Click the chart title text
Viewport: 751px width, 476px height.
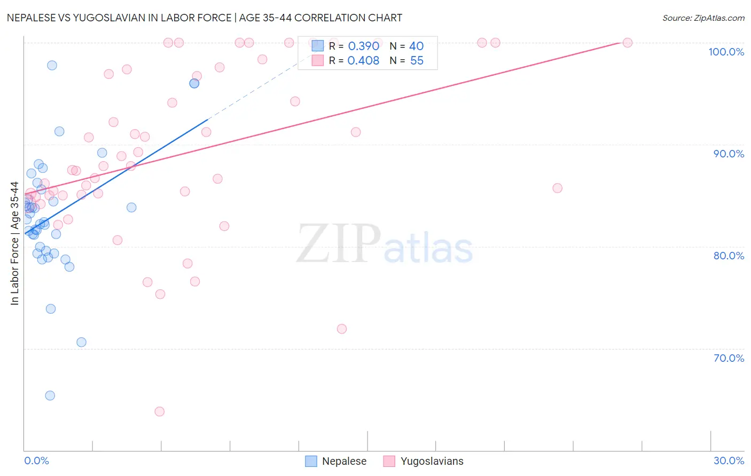point(205,18)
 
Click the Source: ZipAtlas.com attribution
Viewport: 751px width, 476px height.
point(703,18)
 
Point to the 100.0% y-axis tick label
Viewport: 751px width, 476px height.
point(726,52)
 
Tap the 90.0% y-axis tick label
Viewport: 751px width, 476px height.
point(729,154)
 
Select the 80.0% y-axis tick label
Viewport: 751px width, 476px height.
point(729,256)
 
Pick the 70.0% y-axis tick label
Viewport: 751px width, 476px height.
point(729,358)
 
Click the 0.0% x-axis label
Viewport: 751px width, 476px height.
point(36,461)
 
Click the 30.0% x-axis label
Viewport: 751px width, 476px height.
point(729,461)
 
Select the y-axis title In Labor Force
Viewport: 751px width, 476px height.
point(14,243)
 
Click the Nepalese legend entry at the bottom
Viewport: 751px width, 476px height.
point(336,461)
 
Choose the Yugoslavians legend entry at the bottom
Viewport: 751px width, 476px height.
point(424,461)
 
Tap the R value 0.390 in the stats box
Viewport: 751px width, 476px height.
point(363,46)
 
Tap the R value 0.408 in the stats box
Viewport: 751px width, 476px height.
point(363,61)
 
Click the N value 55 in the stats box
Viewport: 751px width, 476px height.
point(417,61)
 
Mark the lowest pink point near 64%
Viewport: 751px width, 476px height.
point(159,411)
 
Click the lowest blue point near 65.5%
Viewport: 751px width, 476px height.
point(50,395)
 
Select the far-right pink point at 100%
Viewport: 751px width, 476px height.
point(628,43)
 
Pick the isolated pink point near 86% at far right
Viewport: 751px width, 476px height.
point(557,188)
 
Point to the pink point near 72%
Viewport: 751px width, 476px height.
point(342,329)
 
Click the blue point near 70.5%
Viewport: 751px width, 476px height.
point(81,342)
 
